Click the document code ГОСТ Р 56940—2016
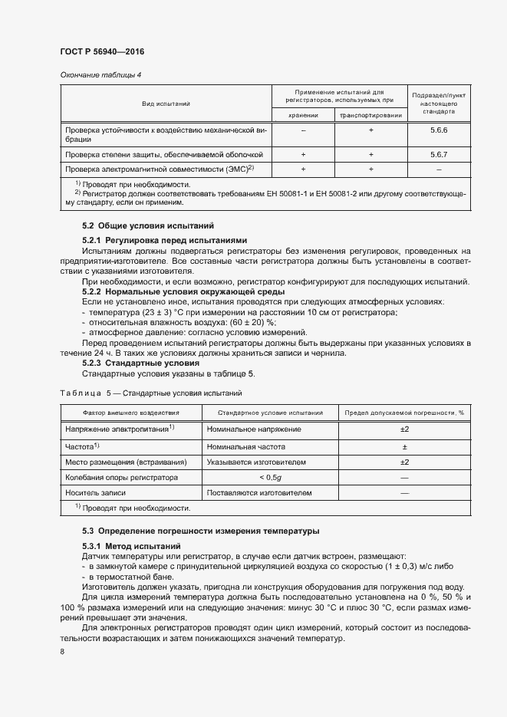pos(102,51)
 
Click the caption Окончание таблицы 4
pos(100,74)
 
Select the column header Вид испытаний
pos(165,103)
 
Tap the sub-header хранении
pos(303,115)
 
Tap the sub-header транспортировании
pos(370,115)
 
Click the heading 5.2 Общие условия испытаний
pos(149,226)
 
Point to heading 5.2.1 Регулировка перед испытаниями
pos(164,239)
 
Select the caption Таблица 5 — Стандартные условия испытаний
pos(150,393)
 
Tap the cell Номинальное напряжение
pos(253,429)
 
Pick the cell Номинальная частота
pos(245,446)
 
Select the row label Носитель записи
pos(95,493)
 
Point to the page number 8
pos(62,652)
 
